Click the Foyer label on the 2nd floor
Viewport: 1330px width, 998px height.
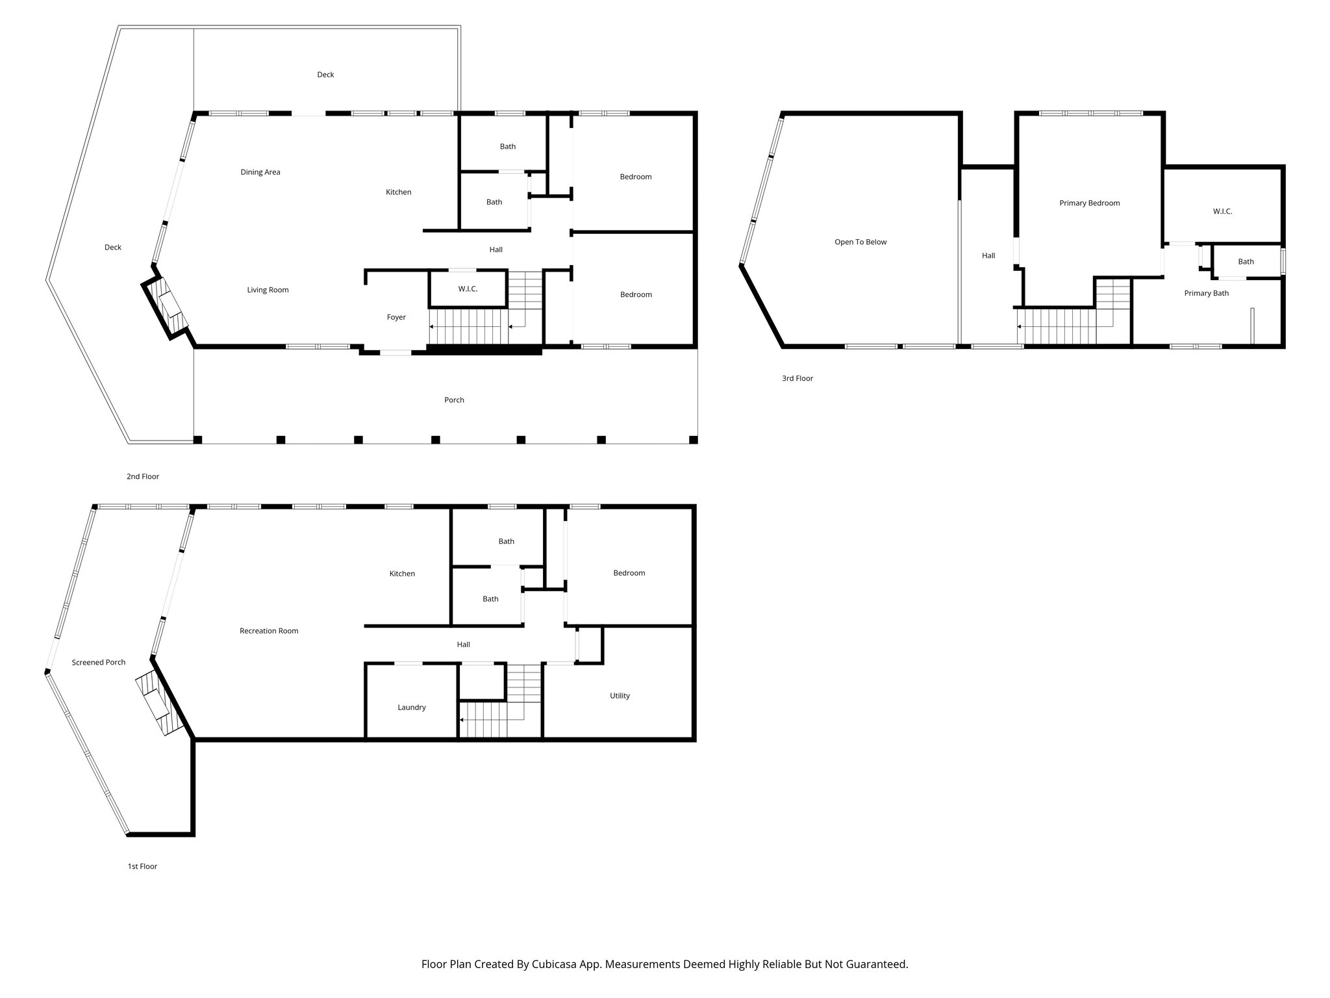tap(396, 317)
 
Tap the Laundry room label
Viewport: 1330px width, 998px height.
tap(412, 708)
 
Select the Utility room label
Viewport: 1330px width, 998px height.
tap(620, 696)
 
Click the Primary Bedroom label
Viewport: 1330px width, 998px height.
tap(1090, 203)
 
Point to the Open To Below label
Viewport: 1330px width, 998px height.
tap(860, 242)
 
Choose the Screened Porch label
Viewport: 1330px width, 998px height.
tap(99, 663)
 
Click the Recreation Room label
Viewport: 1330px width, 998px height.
tap(269, 631)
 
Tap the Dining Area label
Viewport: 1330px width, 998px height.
tap(260, 172)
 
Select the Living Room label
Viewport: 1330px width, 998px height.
tap(268, 290)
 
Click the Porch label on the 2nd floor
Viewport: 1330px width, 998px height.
tap(454, 400)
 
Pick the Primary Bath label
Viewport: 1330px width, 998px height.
tap(1207, 293)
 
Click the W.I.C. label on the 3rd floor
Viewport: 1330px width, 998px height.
tap(1222, 212)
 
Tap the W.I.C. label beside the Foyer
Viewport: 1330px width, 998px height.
tap(468, 288)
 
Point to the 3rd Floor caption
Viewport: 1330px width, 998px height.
tap(797, 378)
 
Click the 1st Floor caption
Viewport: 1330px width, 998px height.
tap(142, 866)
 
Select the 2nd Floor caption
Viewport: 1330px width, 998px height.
tap(143, 477)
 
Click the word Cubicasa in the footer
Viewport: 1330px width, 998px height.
tap(556, 964)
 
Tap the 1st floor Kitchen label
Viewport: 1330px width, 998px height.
tap(402, 574)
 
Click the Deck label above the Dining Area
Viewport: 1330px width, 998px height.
tap(325, 75)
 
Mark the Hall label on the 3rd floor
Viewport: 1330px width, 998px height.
tap(988, 256)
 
